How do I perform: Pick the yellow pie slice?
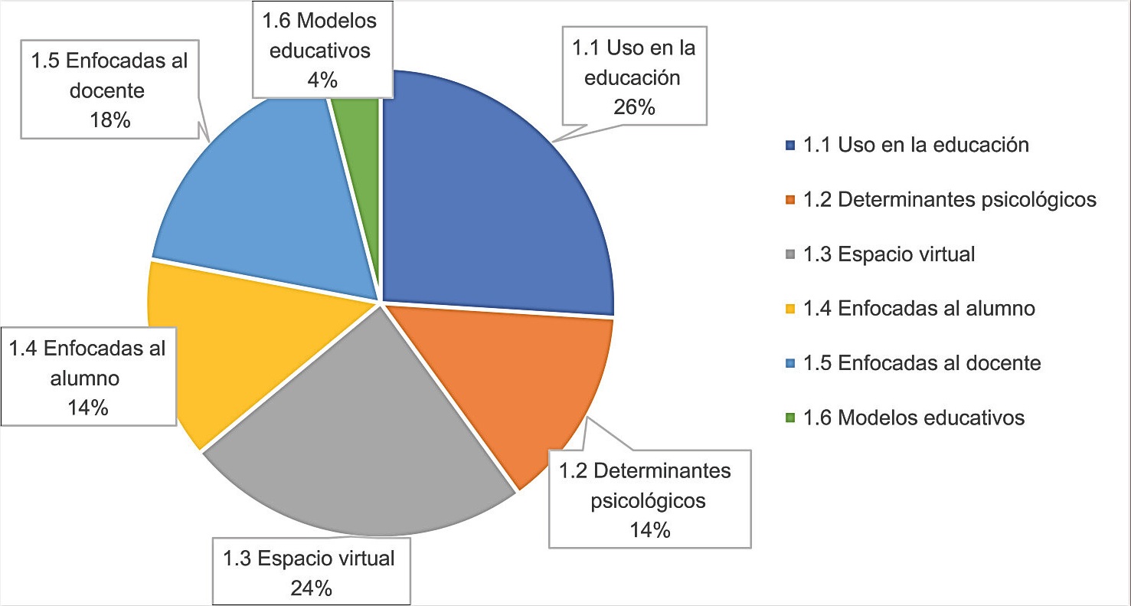click(x=222, y=345)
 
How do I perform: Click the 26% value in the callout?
click(x=634, y=107)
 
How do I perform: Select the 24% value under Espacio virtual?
click(x=310, y=588)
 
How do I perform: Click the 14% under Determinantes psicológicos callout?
click(x=650, y=529)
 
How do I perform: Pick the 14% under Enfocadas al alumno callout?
click(x=87, y=407)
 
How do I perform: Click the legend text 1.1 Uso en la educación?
click(x=915, y=145)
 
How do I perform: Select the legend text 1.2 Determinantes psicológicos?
click(x=950, y=200)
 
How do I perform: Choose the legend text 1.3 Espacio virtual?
click(x=889, y=254)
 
